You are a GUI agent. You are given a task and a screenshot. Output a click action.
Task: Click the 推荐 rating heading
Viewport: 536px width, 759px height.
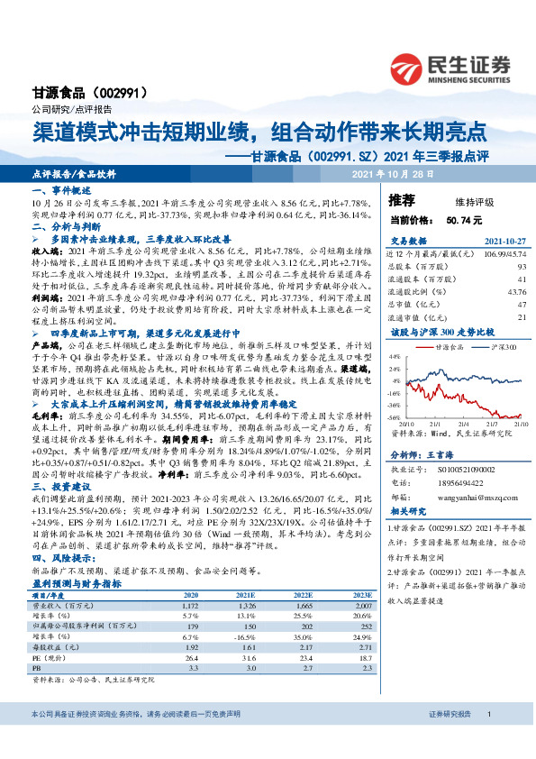[x=402, y=199]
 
